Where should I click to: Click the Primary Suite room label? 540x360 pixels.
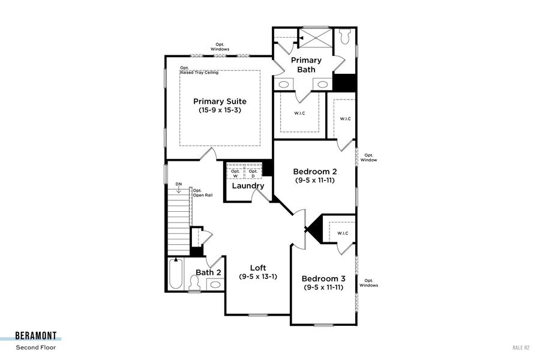point(220,101)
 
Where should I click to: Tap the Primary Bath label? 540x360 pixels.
point(306,65)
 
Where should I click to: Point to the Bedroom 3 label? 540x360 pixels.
point(323,278)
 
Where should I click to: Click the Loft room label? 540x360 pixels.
point(258,268)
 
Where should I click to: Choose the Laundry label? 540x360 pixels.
point(248,186)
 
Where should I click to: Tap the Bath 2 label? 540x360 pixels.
point(209,272)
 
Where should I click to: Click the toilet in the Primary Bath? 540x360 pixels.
point(345,37)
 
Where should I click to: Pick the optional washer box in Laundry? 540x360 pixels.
point(235,173)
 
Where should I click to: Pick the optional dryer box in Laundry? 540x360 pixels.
point(254,173)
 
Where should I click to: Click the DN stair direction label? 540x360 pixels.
point(178,184)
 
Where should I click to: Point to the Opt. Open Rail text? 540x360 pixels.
point(201,193)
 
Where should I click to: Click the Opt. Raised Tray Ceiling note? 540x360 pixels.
point(199,70)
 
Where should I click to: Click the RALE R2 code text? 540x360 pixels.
point(521,347)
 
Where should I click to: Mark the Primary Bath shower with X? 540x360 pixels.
point(314,38)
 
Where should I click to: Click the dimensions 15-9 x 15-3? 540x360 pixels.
point(220,110)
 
